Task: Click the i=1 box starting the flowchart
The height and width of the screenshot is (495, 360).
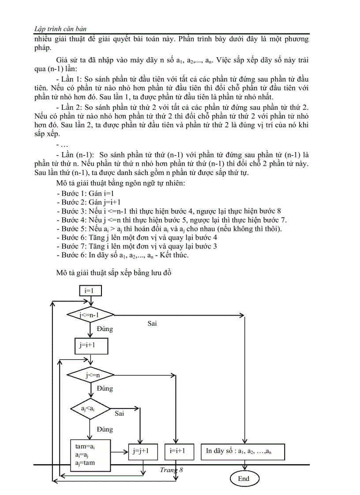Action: click(x=90, y=290)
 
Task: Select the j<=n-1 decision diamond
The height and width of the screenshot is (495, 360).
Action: click(x=90, y=315)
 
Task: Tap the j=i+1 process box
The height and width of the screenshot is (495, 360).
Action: click(x=91, y=346)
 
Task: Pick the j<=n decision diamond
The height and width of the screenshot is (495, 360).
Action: click(x=90, y=375)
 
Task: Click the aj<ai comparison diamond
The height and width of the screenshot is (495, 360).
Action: click(x=90, y=409)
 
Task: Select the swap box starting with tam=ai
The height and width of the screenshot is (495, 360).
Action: click(x=91, y=454)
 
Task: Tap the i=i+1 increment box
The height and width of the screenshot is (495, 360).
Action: click(x=176, y=451)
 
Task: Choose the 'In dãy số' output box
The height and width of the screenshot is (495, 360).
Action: click(x=243, y=451)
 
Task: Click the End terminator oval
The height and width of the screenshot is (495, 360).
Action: click(x=244, y=479)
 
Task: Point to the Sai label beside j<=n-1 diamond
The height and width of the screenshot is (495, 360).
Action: click(x=152, y=324)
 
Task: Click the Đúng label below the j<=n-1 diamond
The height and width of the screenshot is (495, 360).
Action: click(x=105, y=329)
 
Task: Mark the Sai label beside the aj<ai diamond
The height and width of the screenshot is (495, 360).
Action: click(x=119, y=413)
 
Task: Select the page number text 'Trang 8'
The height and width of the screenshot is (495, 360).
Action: click(x=171, y=470)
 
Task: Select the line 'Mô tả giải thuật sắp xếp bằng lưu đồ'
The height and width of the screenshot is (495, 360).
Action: click(x=113, y=273)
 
